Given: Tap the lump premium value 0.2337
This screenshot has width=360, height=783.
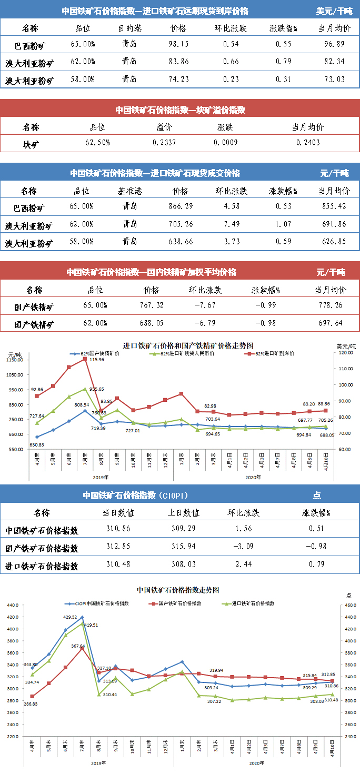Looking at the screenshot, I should coord(164,143).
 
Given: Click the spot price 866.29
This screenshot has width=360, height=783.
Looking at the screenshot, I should coord(180,206).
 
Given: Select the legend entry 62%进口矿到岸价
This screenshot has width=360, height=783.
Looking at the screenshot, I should coord(274,353).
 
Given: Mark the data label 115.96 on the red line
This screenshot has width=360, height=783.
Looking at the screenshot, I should coord(97,360).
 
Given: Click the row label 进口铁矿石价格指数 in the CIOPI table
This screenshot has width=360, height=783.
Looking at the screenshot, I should coord(42,567).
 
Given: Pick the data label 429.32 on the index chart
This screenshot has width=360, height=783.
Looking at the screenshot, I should coord(70,617).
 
